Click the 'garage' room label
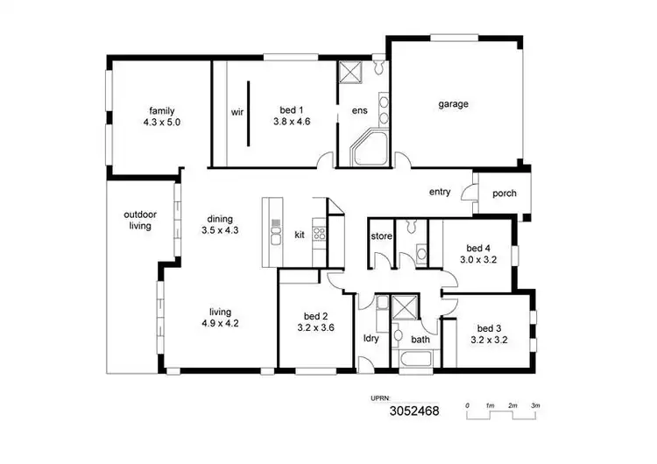pyautogui.click(x=453, y=104)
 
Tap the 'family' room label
pyautogui.click(x=161, y=110)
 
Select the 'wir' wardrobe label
pyautogui.click(x=237, y=112)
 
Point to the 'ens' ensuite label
pyautogui.click(x=359, y=111)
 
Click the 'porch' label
pyautogui.click(x=505, y=193)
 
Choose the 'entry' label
pyautogui.click(x=440, y=192)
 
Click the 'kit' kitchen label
pyautogui.click(x=300, y=235)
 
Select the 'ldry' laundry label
pyautogui.click(x=371, y=339)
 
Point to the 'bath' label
pyautogui.click(x=420, y=340)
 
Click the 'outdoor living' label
pyautogui.click(x=138, y=220)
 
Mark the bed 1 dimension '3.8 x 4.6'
pyautogui.click(x=292, y=123)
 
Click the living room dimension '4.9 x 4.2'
pyautogui.click(x=219, y=323)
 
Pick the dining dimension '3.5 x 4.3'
pyautogui.click(x=220, y=230)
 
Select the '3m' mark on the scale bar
pyautogui.click(x=535, y=406)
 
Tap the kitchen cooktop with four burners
pyautogui.click(x=320, y=234)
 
